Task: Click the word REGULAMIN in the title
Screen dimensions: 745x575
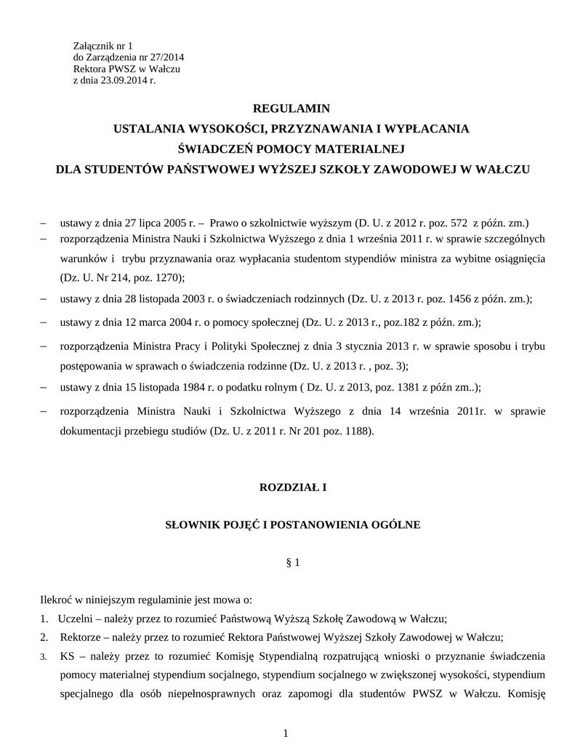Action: click(291, 108)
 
